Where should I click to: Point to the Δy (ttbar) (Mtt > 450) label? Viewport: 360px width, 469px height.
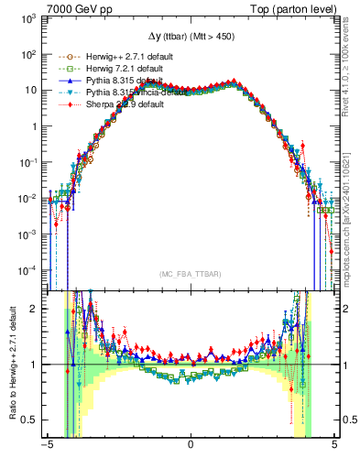point(190,36)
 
